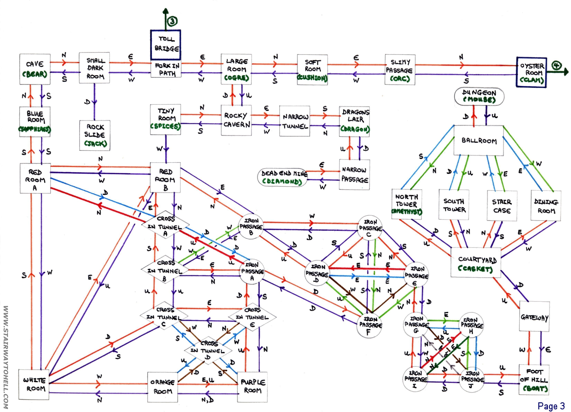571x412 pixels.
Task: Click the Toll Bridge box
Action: (x=166, y=45)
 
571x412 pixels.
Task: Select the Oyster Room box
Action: (x=531, y=73)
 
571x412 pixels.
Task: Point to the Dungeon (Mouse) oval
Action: (x=479, y=96)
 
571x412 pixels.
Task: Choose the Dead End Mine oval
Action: (x=282, y=177)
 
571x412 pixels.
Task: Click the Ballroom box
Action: (x=479, y=140)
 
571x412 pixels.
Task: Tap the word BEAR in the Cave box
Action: (x=35, y=74)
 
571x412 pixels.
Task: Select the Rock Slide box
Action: (x=95, y=135)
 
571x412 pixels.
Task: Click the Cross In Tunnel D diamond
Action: (x=208, y=350)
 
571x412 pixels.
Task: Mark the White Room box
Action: (x=34, y=384)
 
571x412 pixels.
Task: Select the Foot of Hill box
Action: (x=534, y=380)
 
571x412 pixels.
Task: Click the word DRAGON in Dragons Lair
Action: (x=355, y=129)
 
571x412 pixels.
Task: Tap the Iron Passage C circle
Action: (x=370, y=228)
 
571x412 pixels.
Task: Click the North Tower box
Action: (x=407, y=204)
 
